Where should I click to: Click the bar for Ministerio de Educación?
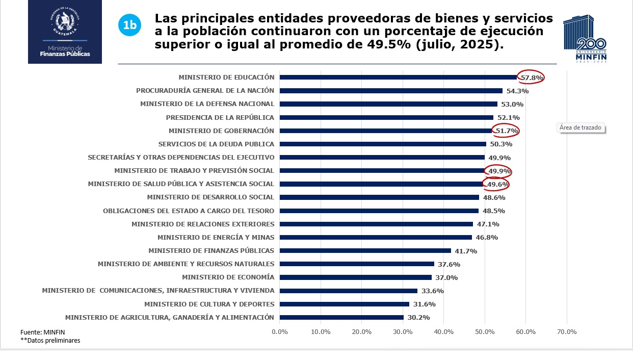point(398,78)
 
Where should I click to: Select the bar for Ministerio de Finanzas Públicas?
point(365,250)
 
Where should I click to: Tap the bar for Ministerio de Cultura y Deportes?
point(344,304)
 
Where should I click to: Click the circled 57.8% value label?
point(531,78)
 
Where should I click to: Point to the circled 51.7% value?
point(507,131)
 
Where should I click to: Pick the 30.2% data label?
point(418,318)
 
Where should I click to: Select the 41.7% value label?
point(466,251)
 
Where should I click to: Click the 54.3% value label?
point(517,91)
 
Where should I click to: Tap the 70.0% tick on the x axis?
point(566,332)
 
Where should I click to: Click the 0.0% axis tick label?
point(280,332)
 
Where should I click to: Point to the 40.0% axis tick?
point(443,332)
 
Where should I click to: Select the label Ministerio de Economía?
point(228,277)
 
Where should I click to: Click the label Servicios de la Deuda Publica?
point(216,144)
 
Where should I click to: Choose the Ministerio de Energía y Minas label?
point(216,237)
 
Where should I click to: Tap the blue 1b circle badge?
point(129,25)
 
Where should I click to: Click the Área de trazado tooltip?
point(581,127)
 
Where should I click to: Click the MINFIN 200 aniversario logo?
point(585,39)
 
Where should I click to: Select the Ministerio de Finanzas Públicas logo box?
point(65,32)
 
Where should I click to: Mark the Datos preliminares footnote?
point(50,340)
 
